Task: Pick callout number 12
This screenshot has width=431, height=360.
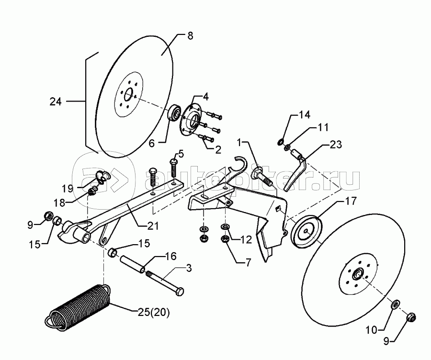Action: click(x=246, y=239)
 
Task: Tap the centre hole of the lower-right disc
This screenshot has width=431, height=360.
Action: click(x=357, y=275)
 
